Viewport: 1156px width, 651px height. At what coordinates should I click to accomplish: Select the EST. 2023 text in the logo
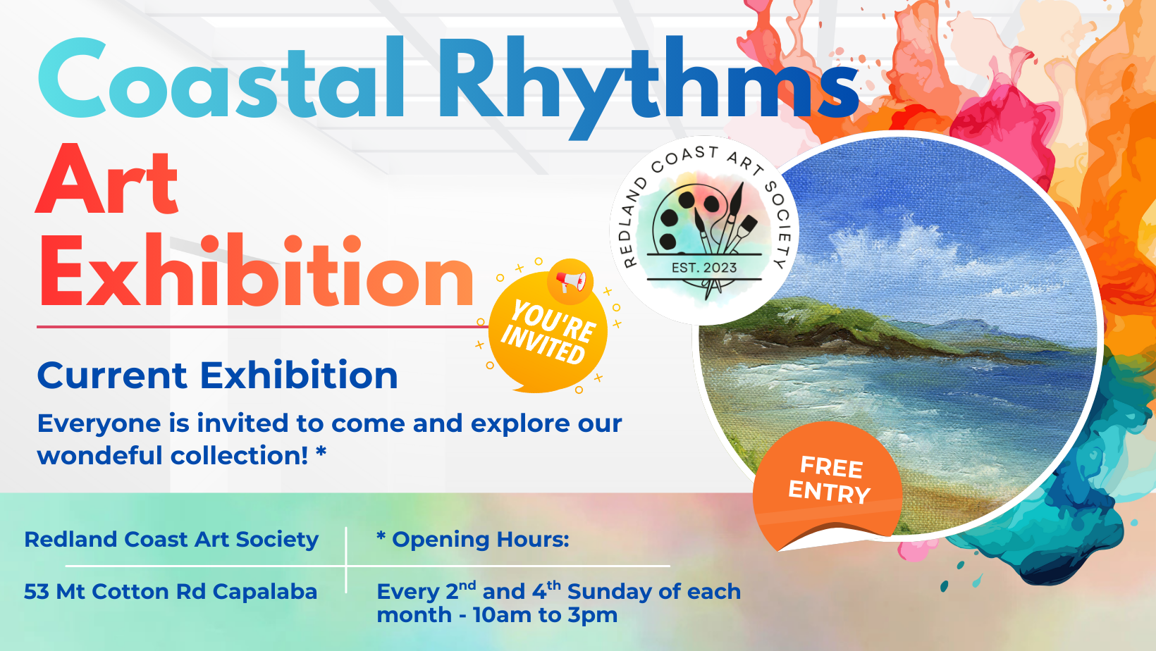(x=703, y=268)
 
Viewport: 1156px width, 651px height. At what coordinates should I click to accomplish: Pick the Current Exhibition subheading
(x=217, y=375)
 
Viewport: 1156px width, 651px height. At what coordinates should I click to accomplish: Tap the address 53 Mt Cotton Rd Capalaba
(x=171, y=591)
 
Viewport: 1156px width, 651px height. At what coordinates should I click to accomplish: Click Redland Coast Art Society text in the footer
(x=171, y=540)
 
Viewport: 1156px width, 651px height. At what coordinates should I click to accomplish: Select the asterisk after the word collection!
(x=321, y=452)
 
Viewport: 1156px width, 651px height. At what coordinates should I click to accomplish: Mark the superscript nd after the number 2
(x=467, y=585)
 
